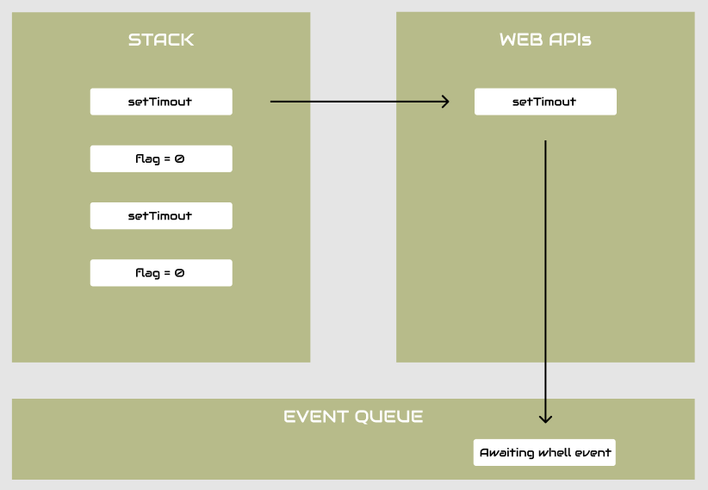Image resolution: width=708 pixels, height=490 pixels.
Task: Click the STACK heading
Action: tap(161, 40)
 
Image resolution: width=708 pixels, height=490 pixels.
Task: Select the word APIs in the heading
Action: tap(569, 40)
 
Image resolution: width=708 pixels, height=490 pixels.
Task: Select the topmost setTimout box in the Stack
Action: tap(161, 102)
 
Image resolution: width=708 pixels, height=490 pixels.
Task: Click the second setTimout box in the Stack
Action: tap(161, 216)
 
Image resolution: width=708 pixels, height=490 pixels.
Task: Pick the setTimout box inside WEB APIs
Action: tap(545, 102)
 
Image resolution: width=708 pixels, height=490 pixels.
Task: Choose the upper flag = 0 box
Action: tap(161, 158)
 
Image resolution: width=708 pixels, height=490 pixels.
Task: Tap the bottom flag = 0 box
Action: tap(161, 273)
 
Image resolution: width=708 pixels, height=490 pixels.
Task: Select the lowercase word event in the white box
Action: tap(593, 453)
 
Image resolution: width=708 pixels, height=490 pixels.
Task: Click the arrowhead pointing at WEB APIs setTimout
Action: tap(445, 102)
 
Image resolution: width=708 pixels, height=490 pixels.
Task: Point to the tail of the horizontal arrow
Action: tap(272, 102)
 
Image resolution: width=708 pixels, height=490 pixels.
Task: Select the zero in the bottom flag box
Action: tap(179, 273)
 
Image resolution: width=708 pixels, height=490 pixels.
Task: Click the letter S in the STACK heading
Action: tap(134, 40)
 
